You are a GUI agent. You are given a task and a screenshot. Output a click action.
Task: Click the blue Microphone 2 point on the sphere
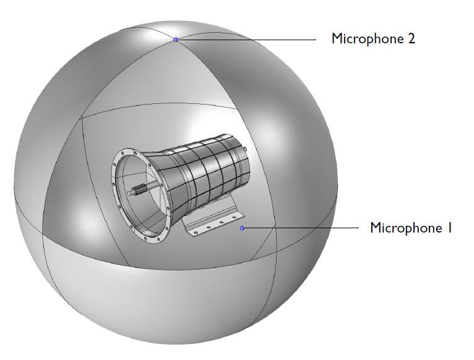[x=176, y=40]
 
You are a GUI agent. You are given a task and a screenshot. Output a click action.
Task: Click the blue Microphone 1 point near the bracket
[x=243, y=228]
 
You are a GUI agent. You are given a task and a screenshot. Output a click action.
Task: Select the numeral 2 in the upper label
[x=412, y=38]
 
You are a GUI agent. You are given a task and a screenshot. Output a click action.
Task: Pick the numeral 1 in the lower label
[x=449, y=228]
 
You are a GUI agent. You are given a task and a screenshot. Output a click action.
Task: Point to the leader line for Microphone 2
[x=248, y=40]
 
